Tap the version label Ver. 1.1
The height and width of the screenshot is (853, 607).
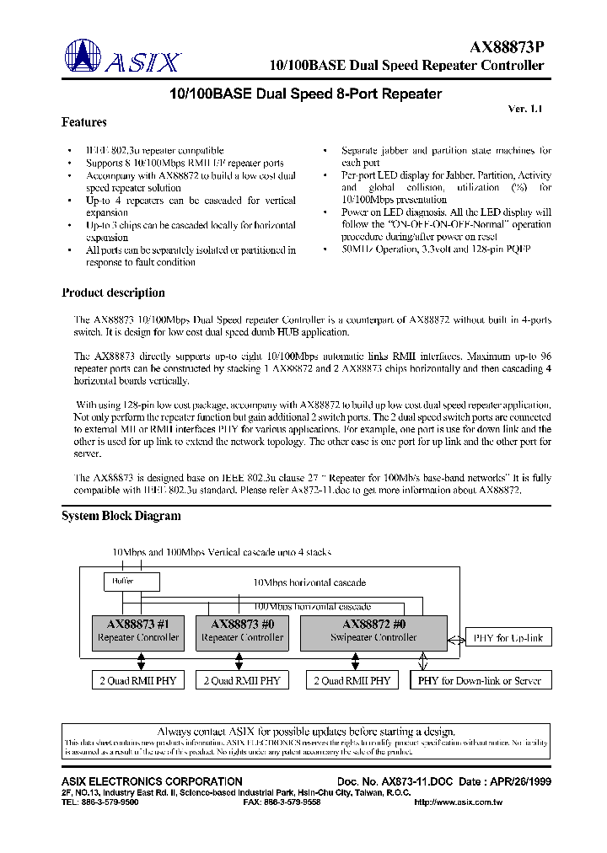(x=527, y=109)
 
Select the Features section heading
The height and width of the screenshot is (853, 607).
(x=84, y=123)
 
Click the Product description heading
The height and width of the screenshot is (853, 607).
(x=113, y=293)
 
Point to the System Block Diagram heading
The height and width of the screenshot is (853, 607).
(x=121, y=516)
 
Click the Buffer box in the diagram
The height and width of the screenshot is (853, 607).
(x=122, y=582)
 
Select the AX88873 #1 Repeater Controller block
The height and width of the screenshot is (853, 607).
(x=138, y=631)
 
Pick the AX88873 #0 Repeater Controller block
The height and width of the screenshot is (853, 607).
(x=243, y=631)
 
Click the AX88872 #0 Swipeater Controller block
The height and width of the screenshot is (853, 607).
(x=373, y=631)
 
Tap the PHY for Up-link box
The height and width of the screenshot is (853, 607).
(x=509, y=638)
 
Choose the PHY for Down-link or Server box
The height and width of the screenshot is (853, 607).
(x=480, y=680)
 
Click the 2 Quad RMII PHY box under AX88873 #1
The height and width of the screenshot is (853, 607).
(x=137, y=680)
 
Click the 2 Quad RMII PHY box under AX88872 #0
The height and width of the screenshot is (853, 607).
(x=352, y=680)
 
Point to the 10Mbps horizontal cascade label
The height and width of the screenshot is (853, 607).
(x=310, y=582)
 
